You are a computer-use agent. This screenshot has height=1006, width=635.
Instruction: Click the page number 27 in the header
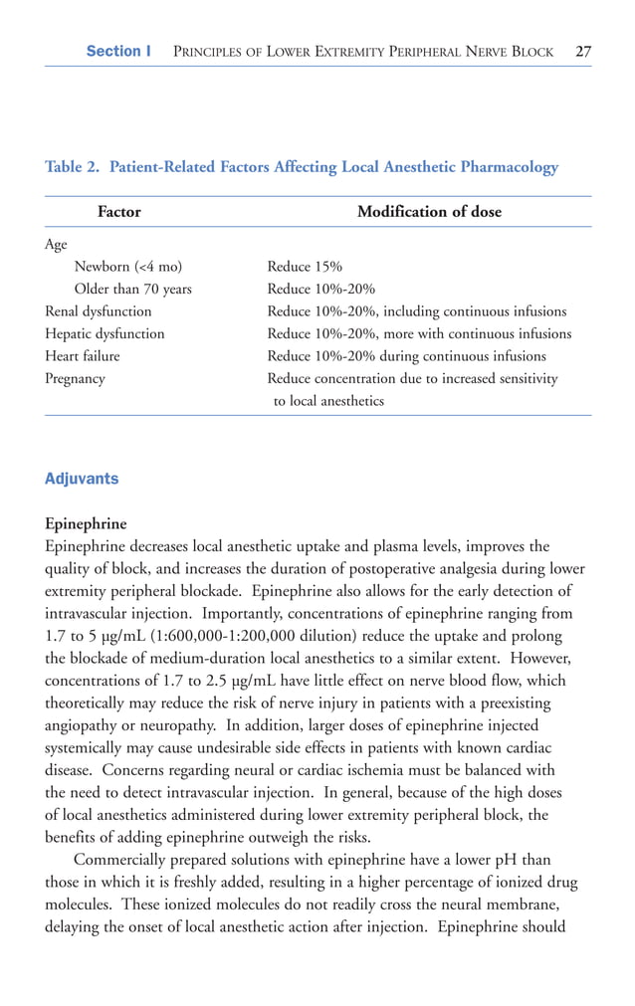[582, 51]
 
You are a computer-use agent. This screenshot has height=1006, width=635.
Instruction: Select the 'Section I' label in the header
[118, 51]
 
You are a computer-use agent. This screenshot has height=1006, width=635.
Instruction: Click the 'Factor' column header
[118, 212]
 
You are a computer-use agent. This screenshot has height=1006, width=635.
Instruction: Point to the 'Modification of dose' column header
[429, 212]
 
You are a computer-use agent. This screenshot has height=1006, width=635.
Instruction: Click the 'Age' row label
[56, 244]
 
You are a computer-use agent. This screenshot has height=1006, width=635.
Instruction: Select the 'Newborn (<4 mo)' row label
[128, 267]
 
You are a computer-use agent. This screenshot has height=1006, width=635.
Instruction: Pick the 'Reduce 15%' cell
[305, 267]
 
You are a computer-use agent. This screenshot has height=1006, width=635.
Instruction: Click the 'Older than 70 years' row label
[133, 289]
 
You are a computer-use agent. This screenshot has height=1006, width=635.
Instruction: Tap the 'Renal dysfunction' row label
[99, 311]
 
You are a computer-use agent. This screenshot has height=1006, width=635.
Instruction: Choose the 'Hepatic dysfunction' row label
[105, 333]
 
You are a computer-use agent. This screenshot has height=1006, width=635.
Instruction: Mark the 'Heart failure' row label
[83, 356]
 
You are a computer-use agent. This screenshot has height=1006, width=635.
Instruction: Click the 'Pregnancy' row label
[75, 378]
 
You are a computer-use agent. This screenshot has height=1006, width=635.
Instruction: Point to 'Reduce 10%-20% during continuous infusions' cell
[406, 356]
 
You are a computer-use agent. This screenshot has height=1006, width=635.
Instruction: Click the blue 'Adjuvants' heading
[82, 479]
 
